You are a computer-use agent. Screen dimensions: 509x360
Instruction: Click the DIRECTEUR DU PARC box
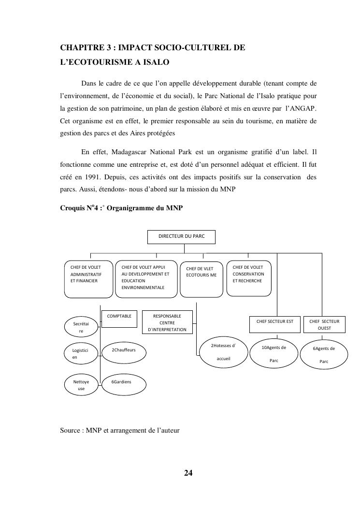click(181, 236)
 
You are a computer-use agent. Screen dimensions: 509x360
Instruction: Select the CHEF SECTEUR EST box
click(274, 324)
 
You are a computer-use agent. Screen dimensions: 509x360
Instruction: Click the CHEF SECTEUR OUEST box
click(324, 324)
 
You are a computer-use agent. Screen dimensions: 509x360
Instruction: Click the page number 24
click(188, 472)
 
